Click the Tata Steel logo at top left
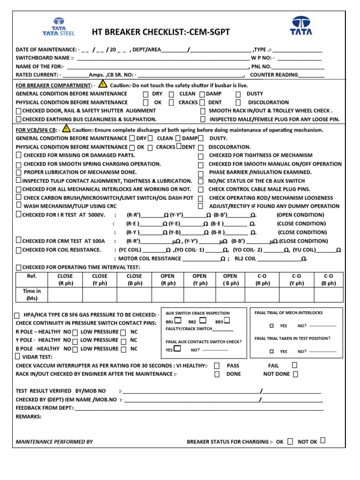click(59, 27)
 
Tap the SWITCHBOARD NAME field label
click(45, 58)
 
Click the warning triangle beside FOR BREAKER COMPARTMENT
click(103, 85)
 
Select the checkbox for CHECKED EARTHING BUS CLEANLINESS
click(18, 120)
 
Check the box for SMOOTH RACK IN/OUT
click(202, 111)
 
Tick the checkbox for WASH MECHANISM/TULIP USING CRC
click(18, 205)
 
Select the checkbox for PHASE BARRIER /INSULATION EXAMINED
click(201, 172)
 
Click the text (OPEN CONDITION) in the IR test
click(300, 215)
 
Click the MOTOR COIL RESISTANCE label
click(150, 258)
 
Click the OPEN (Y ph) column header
click(200, 279)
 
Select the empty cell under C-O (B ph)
click(328, 294)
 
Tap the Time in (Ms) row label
click(31, 294)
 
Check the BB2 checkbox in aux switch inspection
click(202, 321)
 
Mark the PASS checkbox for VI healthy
click(217, 366)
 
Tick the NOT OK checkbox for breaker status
click(323, 441)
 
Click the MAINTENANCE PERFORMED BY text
click(54, 442)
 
